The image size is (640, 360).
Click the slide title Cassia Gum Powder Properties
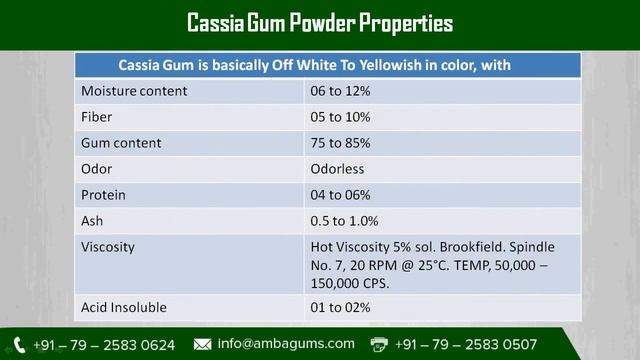point(320,22)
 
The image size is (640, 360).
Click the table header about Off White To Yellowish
point(315,65)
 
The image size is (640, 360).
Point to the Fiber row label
point(97,117)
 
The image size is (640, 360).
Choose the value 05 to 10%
point(340,117)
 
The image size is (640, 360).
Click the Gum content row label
point(121,143)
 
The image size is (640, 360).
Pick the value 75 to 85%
point(340,143)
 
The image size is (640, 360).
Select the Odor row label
point(97,169)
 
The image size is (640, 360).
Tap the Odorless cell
point(338,169)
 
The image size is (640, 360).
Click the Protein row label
point(104,195)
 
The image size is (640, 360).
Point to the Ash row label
point(92,221)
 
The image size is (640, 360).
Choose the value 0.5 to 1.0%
point(344,221)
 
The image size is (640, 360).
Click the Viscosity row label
point(108,247)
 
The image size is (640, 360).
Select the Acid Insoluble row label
point(124,307)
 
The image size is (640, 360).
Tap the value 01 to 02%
point(340,307)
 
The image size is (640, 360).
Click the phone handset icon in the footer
point(19,344)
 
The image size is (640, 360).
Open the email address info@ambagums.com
point(286,344)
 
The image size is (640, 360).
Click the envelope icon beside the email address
point(203,344)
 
